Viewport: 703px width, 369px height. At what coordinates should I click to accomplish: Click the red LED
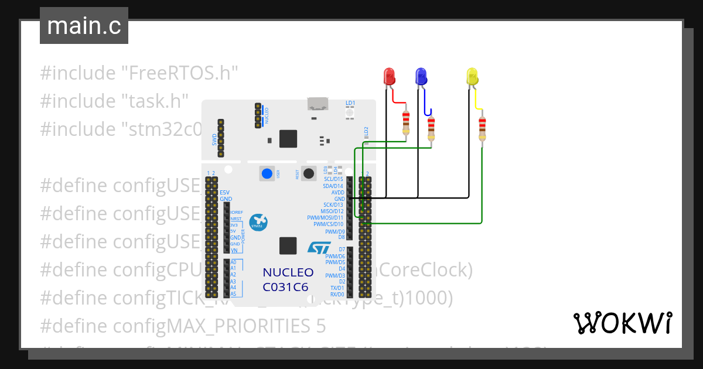pos(389,77)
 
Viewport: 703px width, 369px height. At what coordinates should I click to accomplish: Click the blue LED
pos(421,76)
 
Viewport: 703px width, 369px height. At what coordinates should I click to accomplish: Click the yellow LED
pos(472,77)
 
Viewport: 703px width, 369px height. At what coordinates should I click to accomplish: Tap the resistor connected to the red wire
pos(405,124)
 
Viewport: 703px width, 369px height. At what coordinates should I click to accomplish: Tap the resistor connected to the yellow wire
pos(482,129)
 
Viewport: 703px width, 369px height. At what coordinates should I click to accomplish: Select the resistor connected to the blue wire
pos(431,129)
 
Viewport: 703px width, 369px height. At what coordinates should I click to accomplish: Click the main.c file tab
pos(84,26)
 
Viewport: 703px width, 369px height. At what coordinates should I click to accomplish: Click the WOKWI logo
pos(622,323)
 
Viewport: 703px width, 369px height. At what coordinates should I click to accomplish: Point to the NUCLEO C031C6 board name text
pos(288,279)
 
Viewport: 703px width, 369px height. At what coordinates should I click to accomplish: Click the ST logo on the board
pos(319,248)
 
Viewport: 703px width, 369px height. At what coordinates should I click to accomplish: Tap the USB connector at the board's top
pos(318,104)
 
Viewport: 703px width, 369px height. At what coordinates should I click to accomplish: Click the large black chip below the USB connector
pos(288,139)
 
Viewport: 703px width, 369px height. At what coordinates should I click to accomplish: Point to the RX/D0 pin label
pos(337,294)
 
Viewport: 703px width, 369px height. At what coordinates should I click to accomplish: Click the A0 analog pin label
pos(233,262)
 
